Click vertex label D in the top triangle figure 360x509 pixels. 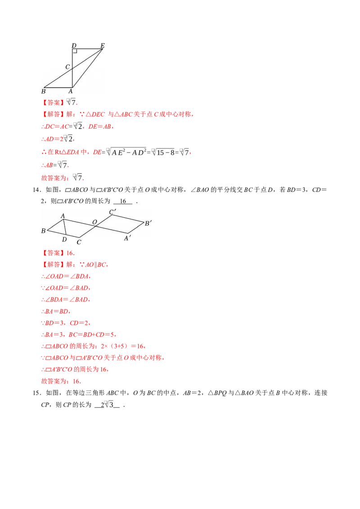(74, 45)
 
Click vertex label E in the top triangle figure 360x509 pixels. (102, 45)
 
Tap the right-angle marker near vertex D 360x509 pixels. (75, 51)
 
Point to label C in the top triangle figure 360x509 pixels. (67, 67)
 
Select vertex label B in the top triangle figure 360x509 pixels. (44, 91)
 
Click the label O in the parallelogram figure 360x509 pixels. (94, 222)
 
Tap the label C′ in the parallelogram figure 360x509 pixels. (112, 212)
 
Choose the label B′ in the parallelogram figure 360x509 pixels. (148, 223)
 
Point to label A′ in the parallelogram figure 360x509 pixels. (127, 238)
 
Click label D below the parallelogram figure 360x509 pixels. (64, 240)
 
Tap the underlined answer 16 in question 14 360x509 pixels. (123, 201)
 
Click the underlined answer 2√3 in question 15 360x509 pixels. (107, 405)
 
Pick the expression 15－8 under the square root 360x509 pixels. (166, 152)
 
